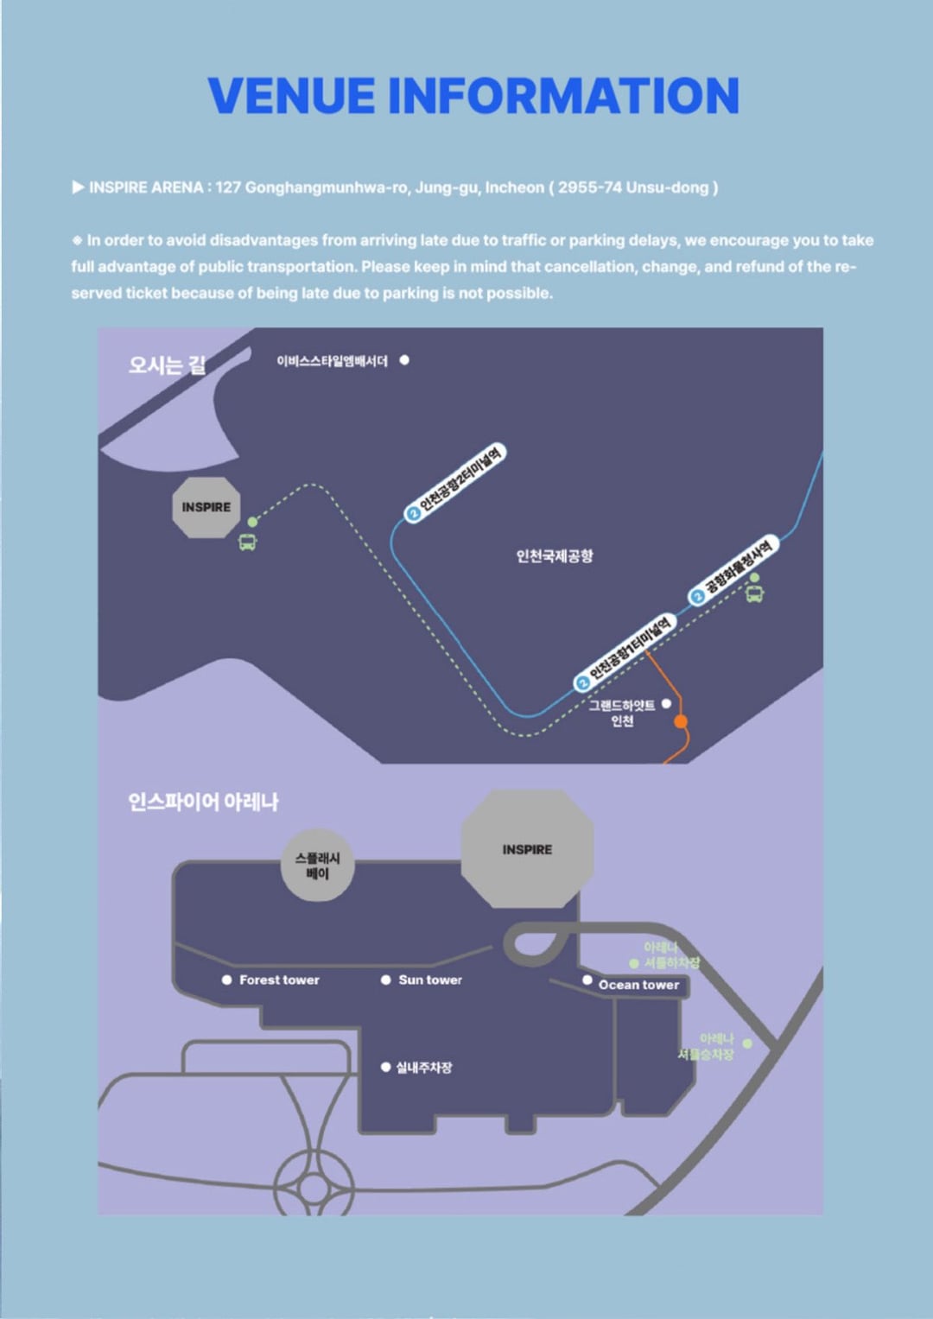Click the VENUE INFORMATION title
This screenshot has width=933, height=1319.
[x=473, y=96]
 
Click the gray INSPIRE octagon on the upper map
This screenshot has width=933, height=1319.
[x=206, y=507]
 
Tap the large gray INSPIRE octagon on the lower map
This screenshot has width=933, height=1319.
[x=527, y=849]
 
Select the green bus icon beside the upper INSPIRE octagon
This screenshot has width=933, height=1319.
[x=248, y=542]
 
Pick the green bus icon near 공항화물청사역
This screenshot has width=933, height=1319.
[x=755, y=594]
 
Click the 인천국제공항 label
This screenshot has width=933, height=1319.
[x=555, y=555]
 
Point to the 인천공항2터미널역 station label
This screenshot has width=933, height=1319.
[x=455, y=482]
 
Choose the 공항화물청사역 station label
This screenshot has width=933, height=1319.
[x=734, y=570]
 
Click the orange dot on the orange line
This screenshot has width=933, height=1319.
[x=681, y=721]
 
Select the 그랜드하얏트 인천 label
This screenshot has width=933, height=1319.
[x=622, y=713]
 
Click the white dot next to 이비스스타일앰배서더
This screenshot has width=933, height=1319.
[x=404, y=360]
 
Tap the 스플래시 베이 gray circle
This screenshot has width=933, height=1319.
[x=317, y=866]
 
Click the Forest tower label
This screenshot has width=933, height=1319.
[x=279, y=980]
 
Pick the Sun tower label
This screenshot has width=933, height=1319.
[x=430, y=980]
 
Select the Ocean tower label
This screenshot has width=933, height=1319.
[x=638, y=985]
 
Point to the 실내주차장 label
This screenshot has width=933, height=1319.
[x=423, y=1068]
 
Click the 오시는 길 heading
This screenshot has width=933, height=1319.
[x=167, y=365]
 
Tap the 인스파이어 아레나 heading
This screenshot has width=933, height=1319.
[x=203, y=802]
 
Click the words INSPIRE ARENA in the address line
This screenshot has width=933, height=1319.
[x=146, y=187]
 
